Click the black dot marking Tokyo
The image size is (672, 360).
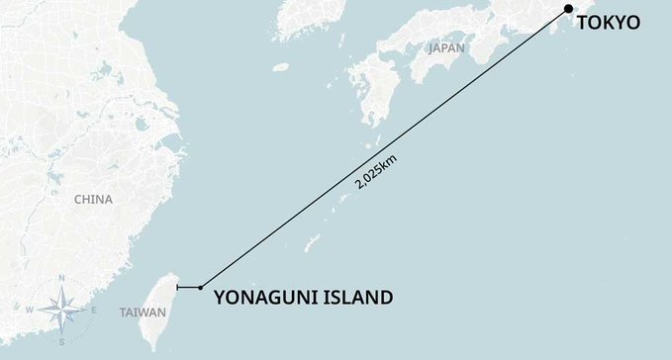click(x=568, y=10)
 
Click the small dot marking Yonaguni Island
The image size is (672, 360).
click(x=201, y=288)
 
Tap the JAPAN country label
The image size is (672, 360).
click(x=446, y=47)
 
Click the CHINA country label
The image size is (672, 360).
click(x=93, y=199)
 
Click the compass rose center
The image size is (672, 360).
click(x=61, y=310)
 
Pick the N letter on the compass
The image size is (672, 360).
click(x=62, y=279)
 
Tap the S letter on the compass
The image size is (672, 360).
click(x=61, y=341)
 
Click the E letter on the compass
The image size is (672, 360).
click(x=93, y=311)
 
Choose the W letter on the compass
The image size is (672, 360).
click(x=30, y=311)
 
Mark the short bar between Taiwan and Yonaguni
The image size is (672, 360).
click(x=187, y=288)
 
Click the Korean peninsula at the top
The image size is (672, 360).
click(x=297, y=25)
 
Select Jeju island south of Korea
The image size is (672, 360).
click(x=281, y=67)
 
